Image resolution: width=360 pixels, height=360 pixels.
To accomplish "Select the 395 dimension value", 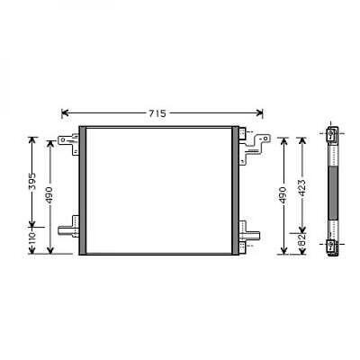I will pos(32,184).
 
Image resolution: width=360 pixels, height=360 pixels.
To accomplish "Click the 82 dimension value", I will pos(302,242).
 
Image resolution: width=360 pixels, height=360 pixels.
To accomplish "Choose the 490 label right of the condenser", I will pos(282,194).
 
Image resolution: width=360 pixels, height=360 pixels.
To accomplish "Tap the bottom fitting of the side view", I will pos(332,244).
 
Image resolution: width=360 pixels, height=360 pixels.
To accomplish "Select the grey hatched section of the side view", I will pos(332,189).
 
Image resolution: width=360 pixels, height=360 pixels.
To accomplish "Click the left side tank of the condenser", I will pos(84,191).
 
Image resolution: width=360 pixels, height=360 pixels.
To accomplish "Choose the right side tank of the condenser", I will pos(237,191).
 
